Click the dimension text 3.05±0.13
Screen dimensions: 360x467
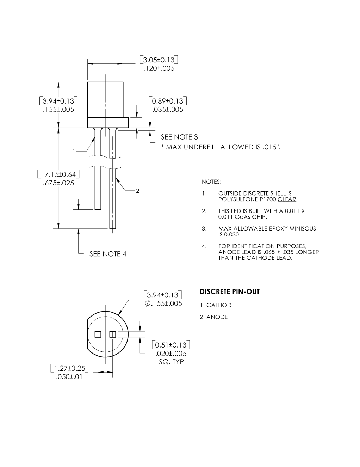click(159, 60)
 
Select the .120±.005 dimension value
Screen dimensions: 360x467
click(159, 69)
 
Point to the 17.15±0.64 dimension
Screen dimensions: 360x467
click(58, 174)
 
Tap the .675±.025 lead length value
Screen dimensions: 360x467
click(58, 183)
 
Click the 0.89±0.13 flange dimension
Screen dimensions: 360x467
click(168, 101)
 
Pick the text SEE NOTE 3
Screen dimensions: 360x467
click(179, 137)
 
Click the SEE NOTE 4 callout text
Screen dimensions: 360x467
click(108, 254)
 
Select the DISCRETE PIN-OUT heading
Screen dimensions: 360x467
click(230, 291)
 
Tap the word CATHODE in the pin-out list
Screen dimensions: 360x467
click(221, 305)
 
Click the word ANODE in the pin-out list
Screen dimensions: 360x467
click(217, 317)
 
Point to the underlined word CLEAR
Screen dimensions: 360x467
click(287, 199)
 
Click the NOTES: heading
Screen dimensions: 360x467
click(211, 182)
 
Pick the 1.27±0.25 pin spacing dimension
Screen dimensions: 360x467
click(70, 368)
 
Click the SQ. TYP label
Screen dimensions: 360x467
click(172, 362)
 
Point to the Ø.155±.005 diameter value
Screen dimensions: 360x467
click(163, 303)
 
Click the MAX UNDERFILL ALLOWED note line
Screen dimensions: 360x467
click(221, 147)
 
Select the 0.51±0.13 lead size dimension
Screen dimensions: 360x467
click(171, 345)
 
